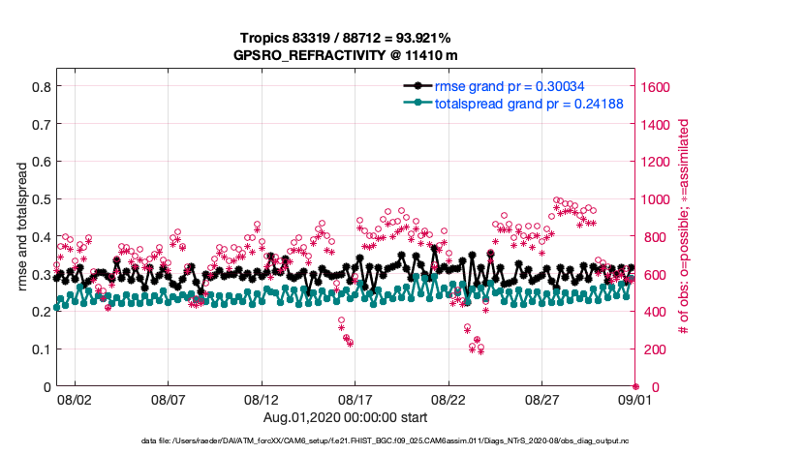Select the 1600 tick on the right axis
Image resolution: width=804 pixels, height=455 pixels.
tap(659, 86)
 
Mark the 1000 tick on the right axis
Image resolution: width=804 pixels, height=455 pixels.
tap(659, 199)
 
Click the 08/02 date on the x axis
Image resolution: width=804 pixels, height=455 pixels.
tap(75, 399)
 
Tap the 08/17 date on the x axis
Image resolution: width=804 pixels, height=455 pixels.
tap(356, 399)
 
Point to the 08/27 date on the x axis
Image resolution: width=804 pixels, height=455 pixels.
tap(542, 399)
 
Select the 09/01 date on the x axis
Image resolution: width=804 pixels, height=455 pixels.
tap(635, 399)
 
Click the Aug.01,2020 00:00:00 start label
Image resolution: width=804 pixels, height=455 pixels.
tap(344, 416)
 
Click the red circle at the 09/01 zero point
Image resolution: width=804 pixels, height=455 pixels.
tap(635, 386)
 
